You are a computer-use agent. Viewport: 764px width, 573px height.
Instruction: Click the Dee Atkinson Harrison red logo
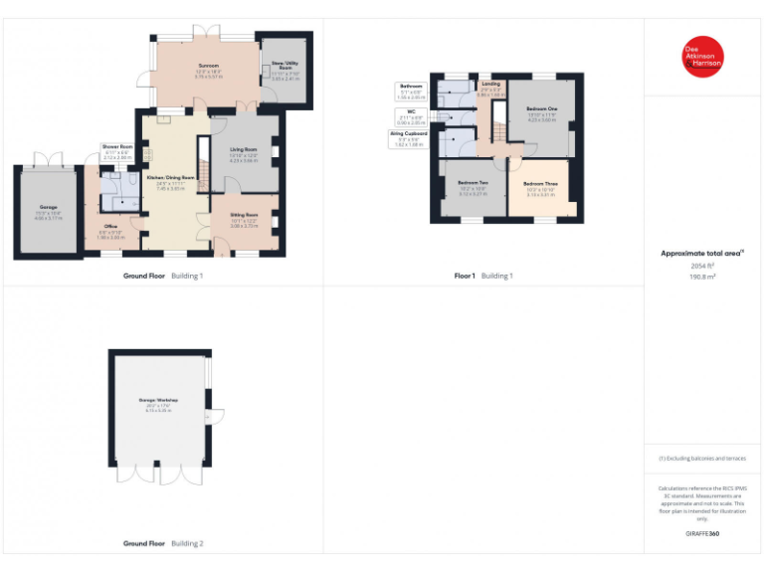click(702, 57)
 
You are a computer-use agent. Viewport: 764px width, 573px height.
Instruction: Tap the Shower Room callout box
click(117, 152)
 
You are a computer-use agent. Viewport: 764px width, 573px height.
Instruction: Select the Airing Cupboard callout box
click(409, 138)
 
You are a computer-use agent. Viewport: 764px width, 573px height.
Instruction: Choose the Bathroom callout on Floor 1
click(411, 92)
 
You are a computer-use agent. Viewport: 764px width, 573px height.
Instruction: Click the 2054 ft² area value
click(702, 267)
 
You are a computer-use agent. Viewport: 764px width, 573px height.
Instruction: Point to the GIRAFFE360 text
click(702, 534)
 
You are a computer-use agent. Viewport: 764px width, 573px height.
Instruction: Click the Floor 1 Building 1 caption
click(483, 276)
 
